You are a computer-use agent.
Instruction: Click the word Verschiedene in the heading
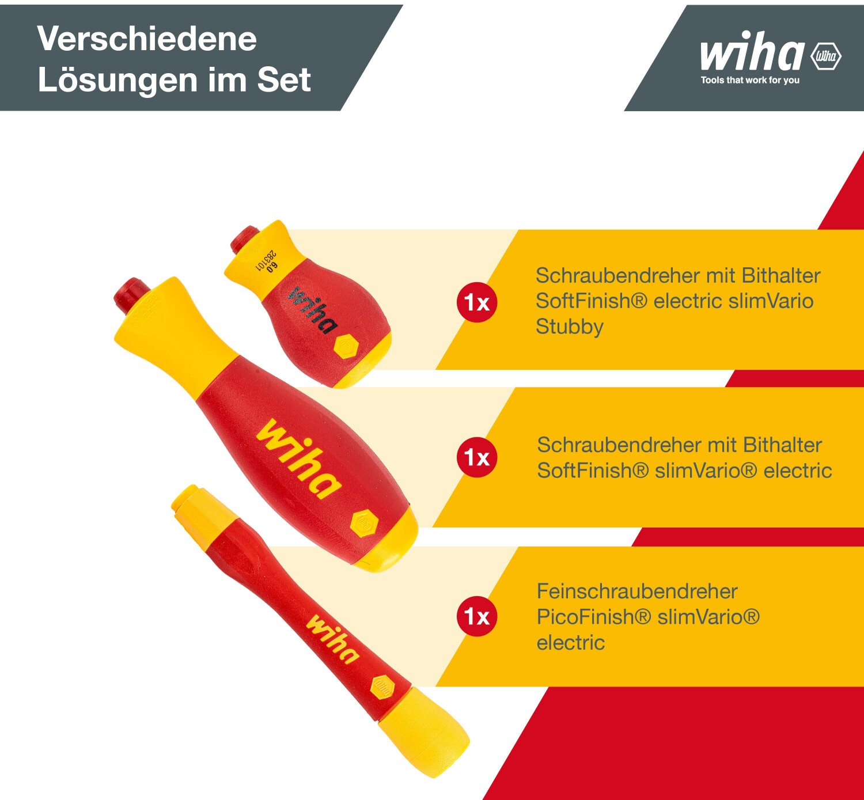[147, 39]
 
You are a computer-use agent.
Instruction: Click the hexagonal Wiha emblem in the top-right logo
[826, 56]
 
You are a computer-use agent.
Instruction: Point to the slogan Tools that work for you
[750, 80]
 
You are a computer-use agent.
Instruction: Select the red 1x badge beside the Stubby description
[477, 302]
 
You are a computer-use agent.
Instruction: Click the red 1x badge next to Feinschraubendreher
[477, 616]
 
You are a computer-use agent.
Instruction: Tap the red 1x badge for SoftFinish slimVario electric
[477, 457]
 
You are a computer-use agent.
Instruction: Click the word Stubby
[570, 327]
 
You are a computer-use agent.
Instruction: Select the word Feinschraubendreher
[637, 591]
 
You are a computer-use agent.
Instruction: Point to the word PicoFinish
[594, 616]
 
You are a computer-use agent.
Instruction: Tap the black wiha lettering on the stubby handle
[312, 309]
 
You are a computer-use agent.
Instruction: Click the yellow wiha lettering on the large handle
[300, 458]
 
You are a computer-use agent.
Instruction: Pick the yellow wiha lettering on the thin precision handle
[333, 639]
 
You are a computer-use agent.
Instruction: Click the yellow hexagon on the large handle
[365, 523]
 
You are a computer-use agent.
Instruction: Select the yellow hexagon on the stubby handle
[346, 347]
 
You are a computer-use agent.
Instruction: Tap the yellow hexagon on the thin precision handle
[383, 688]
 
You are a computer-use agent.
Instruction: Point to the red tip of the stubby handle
[244, 239]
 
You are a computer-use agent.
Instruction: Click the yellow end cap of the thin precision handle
[424, 731]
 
